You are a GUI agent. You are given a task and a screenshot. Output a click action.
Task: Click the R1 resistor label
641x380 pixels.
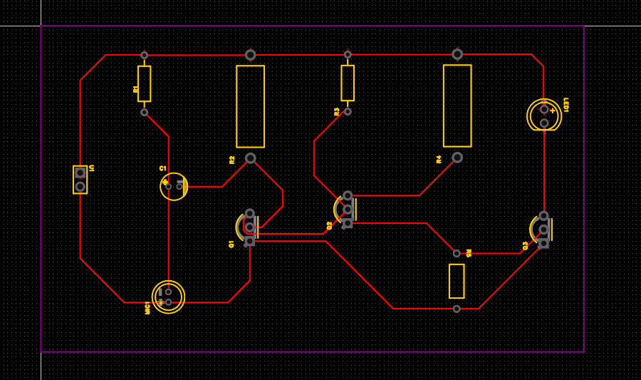[x=135, y=89]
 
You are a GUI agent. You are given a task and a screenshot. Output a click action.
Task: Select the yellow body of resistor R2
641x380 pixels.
[x=250, y=106]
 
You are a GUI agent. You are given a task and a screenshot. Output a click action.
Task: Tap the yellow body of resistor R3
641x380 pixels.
[x=348, y=83]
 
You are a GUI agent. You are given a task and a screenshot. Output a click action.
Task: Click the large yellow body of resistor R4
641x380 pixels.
[x=457, y=106]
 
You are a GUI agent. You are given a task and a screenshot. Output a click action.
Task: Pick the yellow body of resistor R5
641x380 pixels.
[x=457, y=281]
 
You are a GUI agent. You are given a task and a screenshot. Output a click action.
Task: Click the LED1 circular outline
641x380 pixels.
[x=544, y=115]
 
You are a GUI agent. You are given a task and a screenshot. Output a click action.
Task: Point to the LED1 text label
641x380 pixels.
[x=566, y=105]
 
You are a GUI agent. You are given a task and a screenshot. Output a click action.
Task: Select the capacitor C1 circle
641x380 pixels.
[x=173, y=186]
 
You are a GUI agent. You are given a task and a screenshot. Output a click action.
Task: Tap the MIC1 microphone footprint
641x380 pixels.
[x=169, y=297]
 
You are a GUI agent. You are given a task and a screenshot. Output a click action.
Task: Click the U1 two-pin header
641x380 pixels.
[x=80, y=180]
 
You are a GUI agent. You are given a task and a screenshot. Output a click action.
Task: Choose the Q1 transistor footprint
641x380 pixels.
[x=249, y=227]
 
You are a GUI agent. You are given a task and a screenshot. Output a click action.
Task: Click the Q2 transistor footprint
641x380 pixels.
[x=346, y=209]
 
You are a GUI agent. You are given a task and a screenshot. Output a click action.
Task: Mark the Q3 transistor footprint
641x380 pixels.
[x=542, y=229]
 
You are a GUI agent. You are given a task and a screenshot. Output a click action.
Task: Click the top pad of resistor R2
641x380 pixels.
[x=250, y=55]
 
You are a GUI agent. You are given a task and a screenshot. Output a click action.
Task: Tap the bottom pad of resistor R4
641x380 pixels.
[x=457, y=158]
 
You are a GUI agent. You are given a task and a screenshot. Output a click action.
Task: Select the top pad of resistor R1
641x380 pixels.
[x=145, y=55]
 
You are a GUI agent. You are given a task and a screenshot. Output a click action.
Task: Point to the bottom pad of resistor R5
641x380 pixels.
[x=457, y=309]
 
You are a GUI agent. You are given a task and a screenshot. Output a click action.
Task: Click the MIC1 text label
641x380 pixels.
[x=148, y=307]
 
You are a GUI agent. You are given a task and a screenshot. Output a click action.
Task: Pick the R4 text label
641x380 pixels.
[x=439, y=159]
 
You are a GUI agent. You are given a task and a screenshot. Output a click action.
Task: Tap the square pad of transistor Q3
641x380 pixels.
[x=543, y=243]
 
